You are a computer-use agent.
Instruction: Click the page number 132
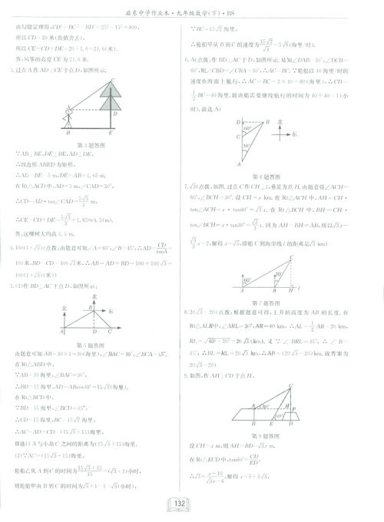coord(191,503)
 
